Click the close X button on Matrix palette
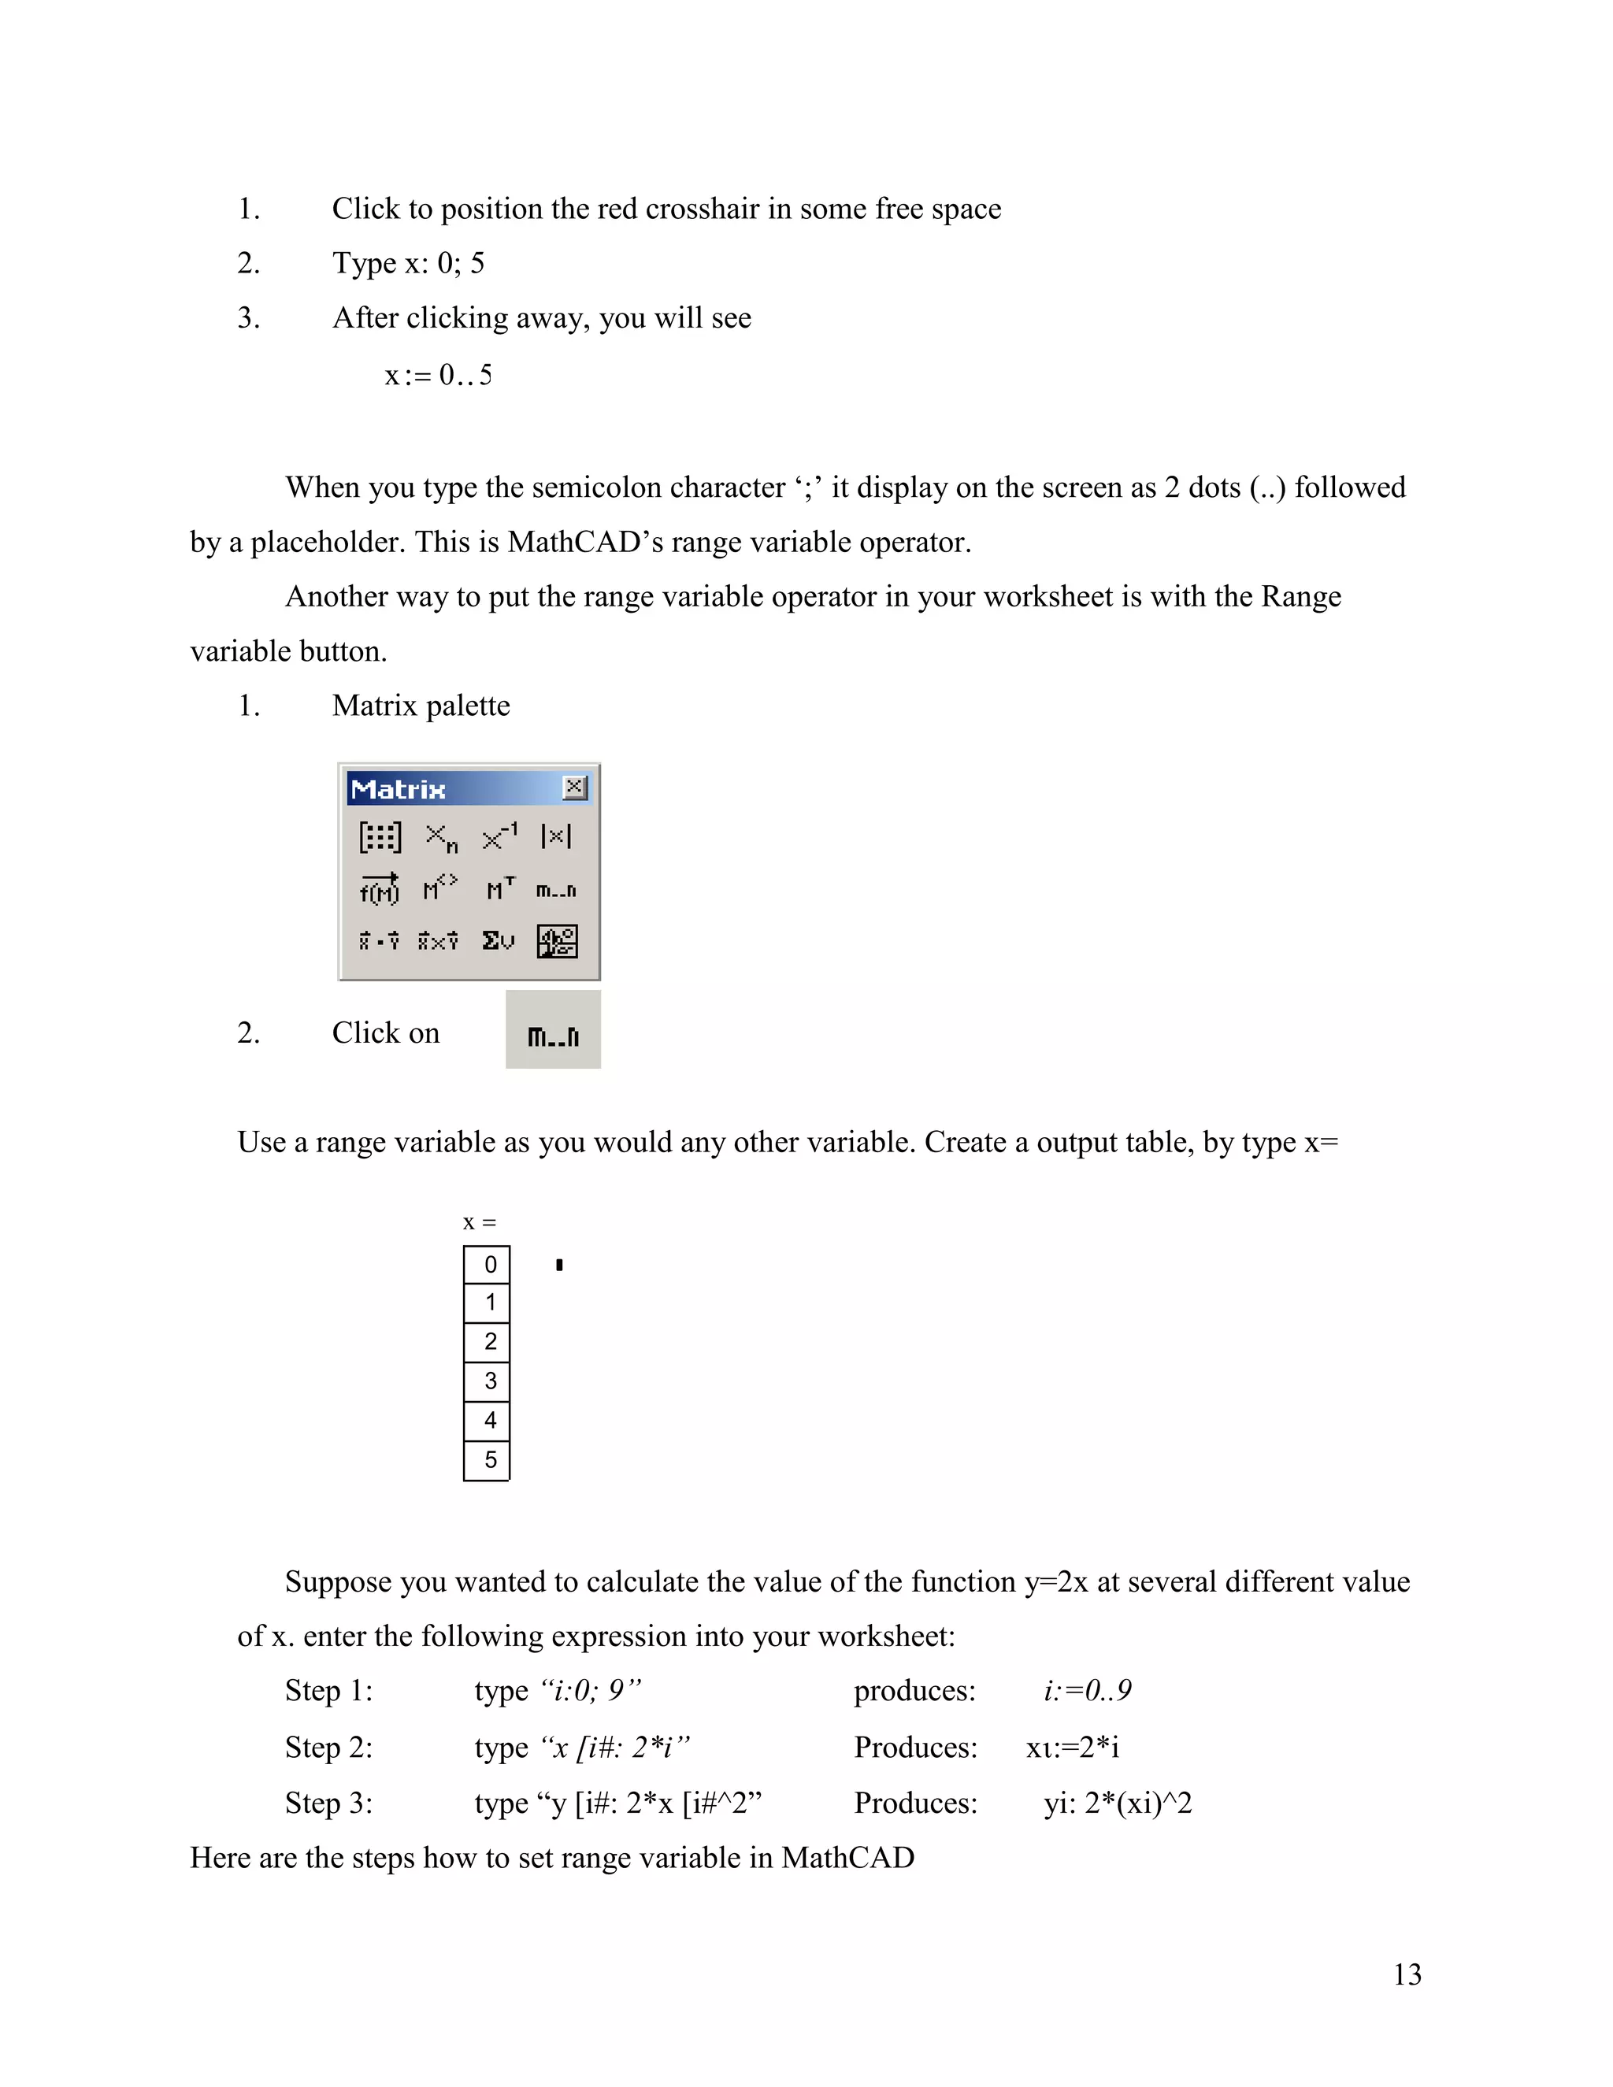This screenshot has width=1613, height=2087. [x=574, y=788]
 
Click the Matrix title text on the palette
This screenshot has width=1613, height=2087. [x=398, y=789]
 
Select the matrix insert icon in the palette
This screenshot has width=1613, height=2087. [x=380, y=837]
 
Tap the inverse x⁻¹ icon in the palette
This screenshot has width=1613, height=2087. [x=499, y=836]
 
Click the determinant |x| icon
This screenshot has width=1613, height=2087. [x=556, y=836]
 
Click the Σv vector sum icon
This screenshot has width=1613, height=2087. [x=498, y=941]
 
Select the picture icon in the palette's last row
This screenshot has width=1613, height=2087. [x=557, y=941]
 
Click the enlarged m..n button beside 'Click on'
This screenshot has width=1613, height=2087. [x=553, y=1035]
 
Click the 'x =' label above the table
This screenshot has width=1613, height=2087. [x=479, y=1222]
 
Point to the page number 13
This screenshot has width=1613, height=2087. [x=1407, y=1974]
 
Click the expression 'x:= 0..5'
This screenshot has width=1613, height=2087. [x=439, y=376]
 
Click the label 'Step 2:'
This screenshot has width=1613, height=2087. [x=328, y=1747]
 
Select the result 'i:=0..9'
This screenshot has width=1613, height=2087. [x=1088, y=1690]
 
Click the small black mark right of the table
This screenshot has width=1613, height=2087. [x=559, y=1266]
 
